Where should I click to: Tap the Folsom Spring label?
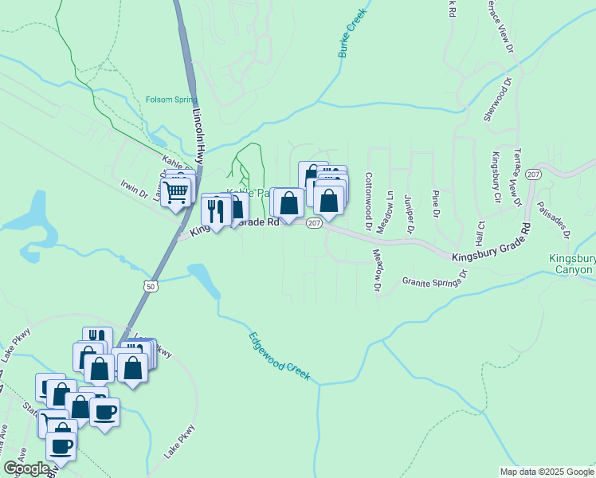click(x=171, y=100)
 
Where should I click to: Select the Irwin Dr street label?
click(x=134, y=192)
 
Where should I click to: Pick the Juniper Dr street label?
click(x=410, y=214)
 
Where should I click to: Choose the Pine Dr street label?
click(x=435, y=203)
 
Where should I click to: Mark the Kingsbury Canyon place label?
click(x=572, y=264)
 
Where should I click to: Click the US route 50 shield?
click(x=152, y=285)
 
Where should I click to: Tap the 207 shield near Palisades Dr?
click(x=533, y=174)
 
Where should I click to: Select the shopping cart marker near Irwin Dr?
click(x=175, y=191)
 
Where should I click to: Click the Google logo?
click(x=26, y=468)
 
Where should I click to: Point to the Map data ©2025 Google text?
click(x=546, y=472)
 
